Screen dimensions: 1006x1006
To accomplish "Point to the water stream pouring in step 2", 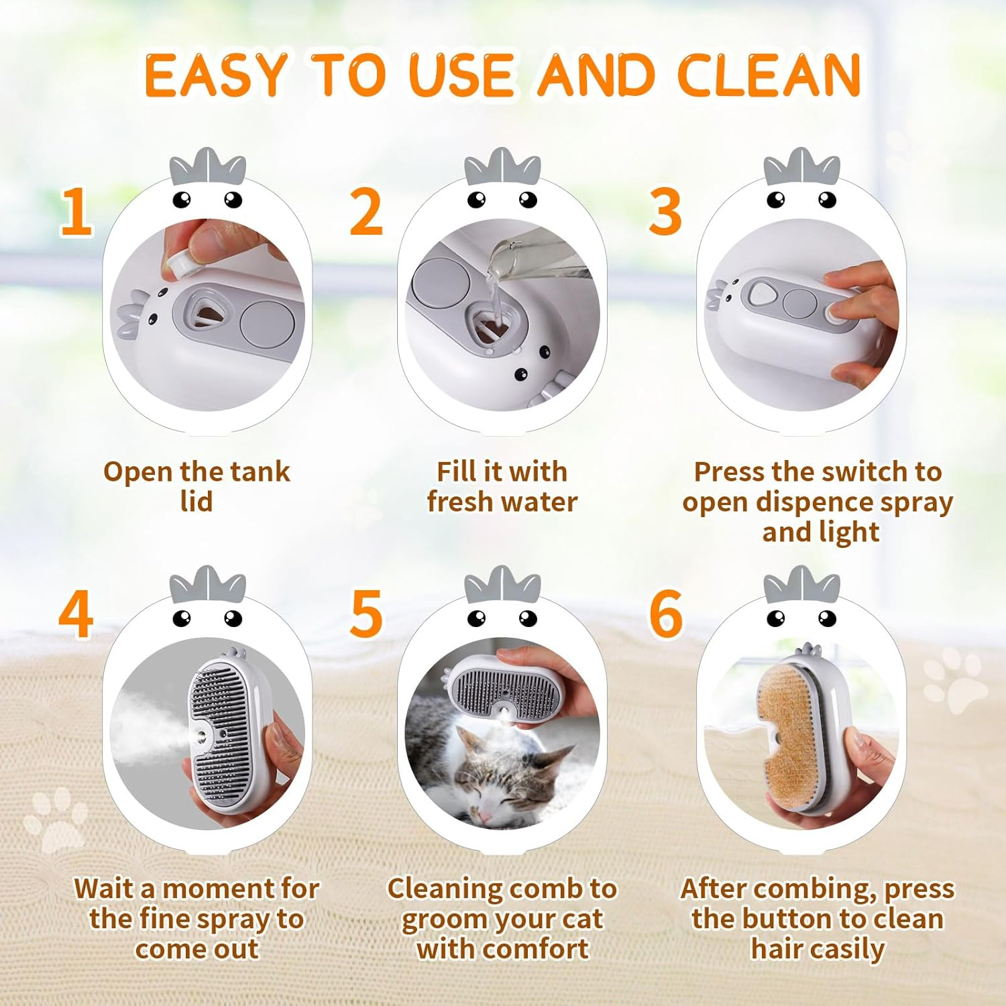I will (x=495, y=292).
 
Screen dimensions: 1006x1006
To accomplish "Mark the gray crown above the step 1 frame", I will (x=208, y=168).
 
